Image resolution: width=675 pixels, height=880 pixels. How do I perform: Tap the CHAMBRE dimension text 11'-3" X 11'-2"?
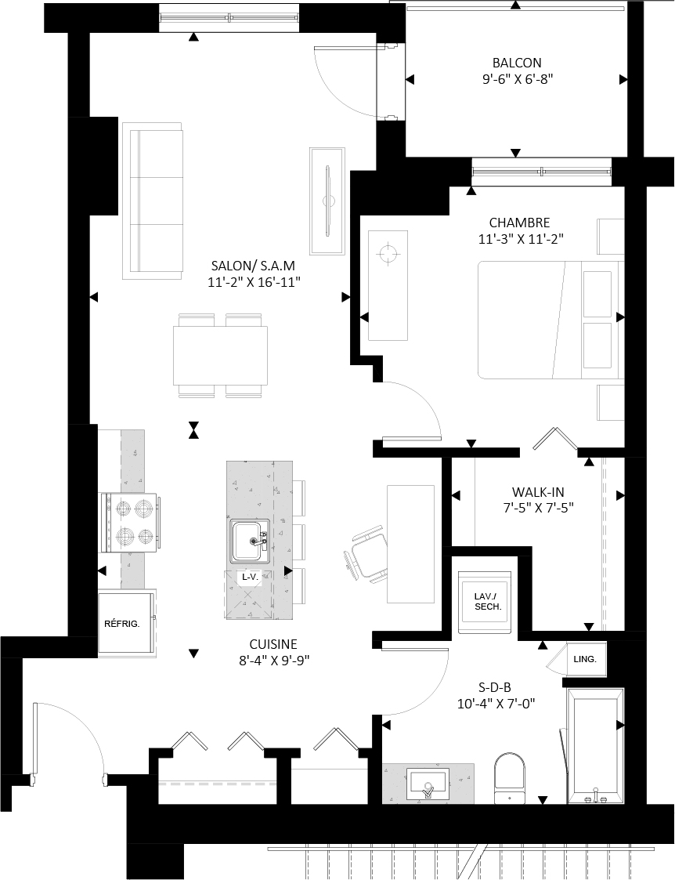pyautogui.click(x=521, y=239)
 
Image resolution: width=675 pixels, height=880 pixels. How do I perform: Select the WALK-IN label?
pyautogui.click(x=538, y=492)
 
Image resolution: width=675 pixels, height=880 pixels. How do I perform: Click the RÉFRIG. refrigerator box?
pyautogui.click(x=126, y=623)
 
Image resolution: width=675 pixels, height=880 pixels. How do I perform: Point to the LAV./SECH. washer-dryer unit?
pyautogui.click(x=486, y=602)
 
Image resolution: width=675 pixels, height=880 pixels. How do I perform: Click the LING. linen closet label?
pyautogui.click(x=585, y=659)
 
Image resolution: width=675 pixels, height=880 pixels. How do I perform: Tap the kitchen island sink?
pyautogui.click(x=251, y=541)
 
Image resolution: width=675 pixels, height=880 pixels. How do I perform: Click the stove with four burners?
pyautogui.click(x=130, y=523)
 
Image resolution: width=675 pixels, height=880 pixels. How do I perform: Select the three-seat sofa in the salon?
pyautogui.click(x=153, y=201)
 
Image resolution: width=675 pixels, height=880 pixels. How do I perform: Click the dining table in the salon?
pyautogui.click(x=220, y=356)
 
